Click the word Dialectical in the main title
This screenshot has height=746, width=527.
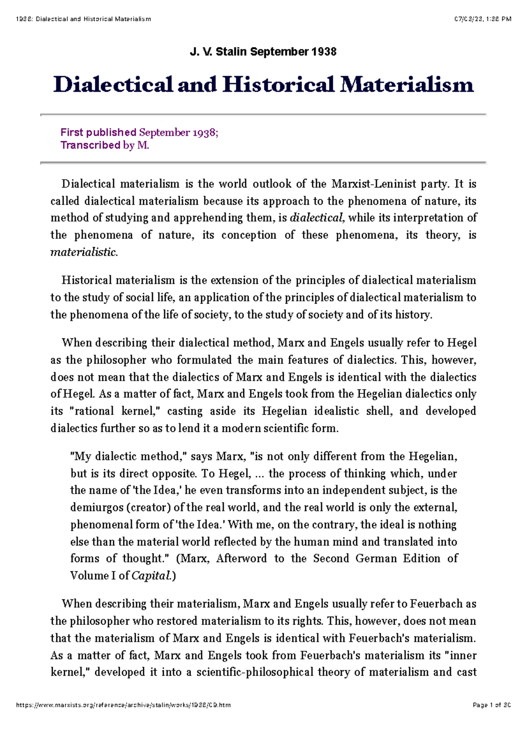[x=113, y=84]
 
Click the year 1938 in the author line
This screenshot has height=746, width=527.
[x=324, y=52]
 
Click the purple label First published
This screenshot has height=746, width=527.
[x=98, y=132]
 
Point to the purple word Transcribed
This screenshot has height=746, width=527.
[x=90, y=145]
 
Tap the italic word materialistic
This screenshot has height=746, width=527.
[x=83, y=252]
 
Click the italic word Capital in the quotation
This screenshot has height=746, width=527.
[x=151, y=576]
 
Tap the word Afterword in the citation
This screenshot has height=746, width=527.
[x=241, y=558]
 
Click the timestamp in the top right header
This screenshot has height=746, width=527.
[x=483, y=19]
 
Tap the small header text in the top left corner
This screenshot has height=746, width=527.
[x=83, y=19]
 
